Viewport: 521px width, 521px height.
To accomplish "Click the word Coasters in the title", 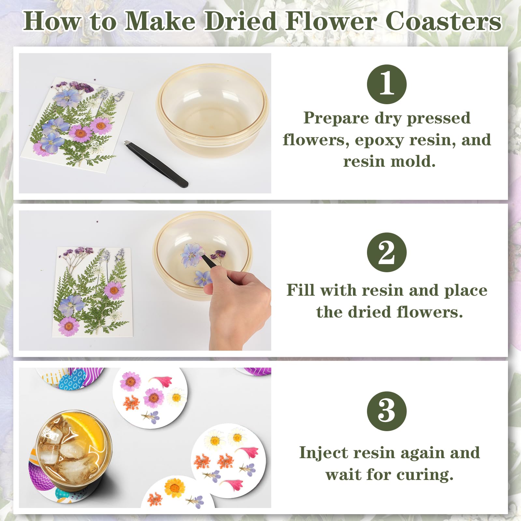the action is pyautogui.click(x=444, y=21).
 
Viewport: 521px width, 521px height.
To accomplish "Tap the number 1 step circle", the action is pyautogui.click(x=387, y=84).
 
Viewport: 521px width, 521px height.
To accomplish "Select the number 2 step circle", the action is pyautogui.click(x=387, y=252).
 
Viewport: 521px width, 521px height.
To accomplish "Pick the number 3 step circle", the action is pyautogui.click(x=387, y=411).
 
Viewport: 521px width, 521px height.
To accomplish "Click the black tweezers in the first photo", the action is pyautogui.click(x=156, y=164).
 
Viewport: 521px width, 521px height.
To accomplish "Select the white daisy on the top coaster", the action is pyautogui.click(x=176, y=397).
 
